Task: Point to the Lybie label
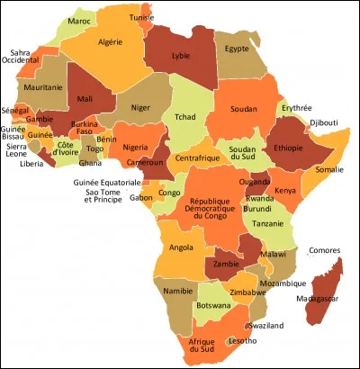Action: coord(181,56)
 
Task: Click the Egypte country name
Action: coord(237,49)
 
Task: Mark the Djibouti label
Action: coord(323,121)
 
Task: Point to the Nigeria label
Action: coord(134,148)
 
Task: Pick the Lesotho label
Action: coord(244,341)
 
